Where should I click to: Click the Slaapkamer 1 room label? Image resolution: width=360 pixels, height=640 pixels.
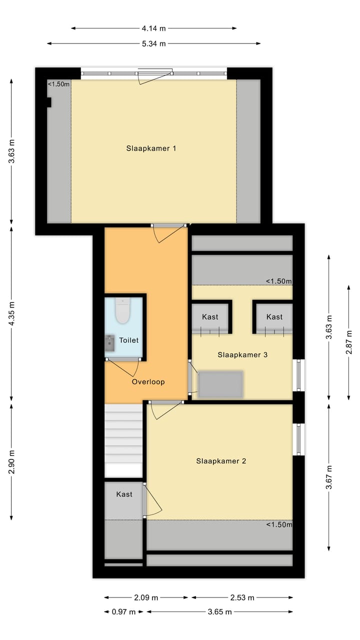coord(151,148)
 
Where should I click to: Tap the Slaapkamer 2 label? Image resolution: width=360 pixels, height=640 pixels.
coord(220,461)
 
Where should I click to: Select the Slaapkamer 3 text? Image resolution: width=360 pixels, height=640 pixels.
coord(242,354)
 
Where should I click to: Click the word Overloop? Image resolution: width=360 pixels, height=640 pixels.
coord(148,381)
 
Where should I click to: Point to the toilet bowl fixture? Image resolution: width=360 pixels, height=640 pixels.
coord(122,312)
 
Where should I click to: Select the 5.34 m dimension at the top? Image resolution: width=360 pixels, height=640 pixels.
coord(153,44)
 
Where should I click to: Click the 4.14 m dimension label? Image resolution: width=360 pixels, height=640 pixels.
coord(153,28)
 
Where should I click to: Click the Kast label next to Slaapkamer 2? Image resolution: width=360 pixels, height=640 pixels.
coord(124,494)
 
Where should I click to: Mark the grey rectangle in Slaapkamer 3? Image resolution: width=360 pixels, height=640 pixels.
coord(220,384)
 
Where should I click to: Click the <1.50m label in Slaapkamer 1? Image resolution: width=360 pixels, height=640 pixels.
coord(58,84)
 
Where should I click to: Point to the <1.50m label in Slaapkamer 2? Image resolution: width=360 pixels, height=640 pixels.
coord(278,524)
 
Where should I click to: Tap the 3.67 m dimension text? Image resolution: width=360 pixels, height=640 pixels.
coord(329,478)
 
